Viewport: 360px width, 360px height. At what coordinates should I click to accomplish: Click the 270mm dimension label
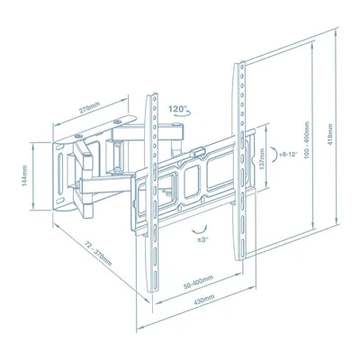coord(89,108)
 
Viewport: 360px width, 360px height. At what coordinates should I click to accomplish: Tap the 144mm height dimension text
coord(24,175)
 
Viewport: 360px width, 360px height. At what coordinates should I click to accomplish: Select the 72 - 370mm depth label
coord(97,254)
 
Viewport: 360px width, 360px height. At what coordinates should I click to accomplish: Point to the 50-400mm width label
coord(198,283)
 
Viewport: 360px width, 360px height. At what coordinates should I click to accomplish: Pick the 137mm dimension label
coord(262,159)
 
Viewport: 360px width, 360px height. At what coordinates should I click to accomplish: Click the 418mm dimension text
coord(330,135)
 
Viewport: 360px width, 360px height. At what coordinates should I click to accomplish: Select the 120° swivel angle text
coord(177,108)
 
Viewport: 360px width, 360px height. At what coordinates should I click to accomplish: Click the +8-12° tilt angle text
coord(288,155)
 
